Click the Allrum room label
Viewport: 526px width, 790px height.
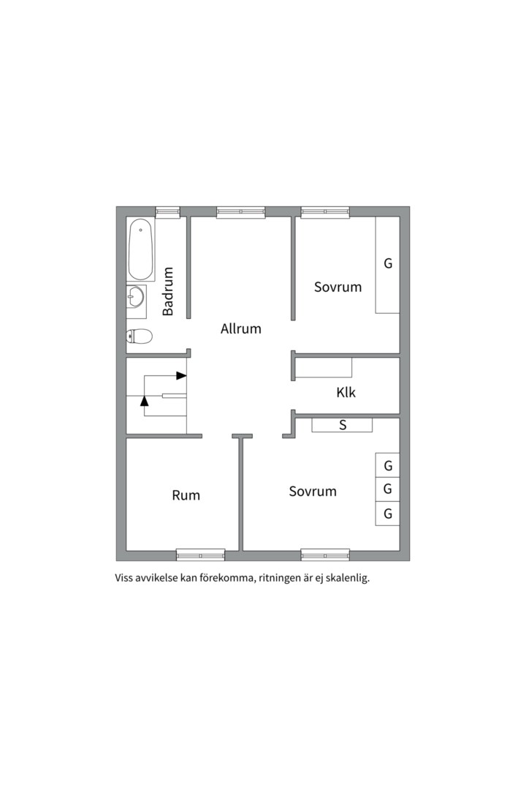click(240, 329)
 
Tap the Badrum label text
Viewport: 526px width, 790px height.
click(167, 292)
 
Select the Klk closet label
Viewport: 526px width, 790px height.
click(346, 393)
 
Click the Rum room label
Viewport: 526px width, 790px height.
click(186, 495)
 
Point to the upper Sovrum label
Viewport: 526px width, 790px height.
click(338, 287)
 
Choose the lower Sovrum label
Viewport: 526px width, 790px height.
click(313, 492)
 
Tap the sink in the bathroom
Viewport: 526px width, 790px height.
click(136, 296)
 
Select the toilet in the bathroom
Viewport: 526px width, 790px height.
click(139, 336)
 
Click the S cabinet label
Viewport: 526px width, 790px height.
click(343, 425)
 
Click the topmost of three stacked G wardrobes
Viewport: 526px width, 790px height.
click(388, 465)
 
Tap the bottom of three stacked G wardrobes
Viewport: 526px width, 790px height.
click(388, 514)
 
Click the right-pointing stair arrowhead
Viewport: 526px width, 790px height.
click(181, 376)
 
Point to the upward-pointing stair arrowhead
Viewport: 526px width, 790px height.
click(145, 401)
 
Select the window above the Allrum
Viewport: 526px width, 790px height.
click(241, 212)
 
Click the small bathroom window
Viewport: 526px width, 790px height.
click(167, 212)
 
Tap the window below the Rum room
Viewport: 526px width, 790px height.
click(201, 555)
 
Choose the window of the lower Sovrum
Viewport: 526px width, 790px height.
click(325, 555)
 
